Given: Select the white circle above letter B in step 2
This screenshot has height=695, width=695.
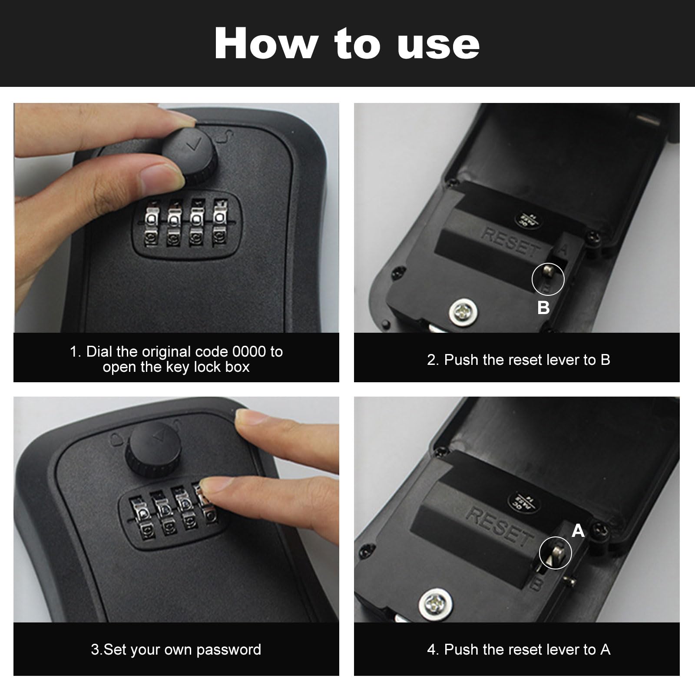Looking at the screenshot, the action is point(548,279).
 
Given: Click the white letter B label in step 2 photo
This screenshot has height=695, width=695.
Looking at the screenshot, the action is point(543,308).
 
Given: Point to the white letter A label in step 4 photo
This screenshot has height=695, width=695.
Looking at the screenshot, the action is point(578,531).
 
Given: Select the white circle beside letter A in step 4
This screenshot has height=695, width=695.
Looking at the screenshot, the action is point(556,553).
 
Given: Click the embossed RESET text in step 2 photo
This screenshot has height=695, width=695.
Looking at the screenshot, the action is point(511,242).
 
